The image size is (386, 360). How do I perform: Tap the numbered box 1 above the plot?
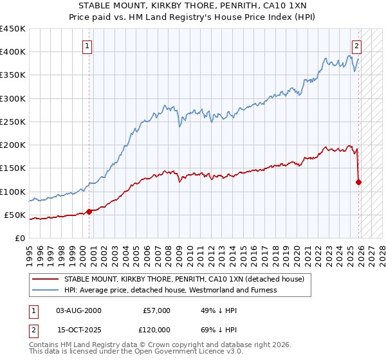tap(87, 46)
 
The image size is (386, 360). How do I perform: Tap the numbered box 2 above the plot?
tap(356, 46)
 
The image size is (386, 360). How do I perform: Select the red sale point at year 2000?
tap(89, 212)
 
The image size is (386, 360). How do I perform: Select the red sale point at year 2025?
tap(359, 182)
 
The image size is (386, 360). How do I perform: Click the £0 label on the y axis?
tap(19, 238)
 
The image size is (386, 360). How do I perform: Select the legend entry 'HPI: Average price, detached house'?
tap(170, 290)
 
